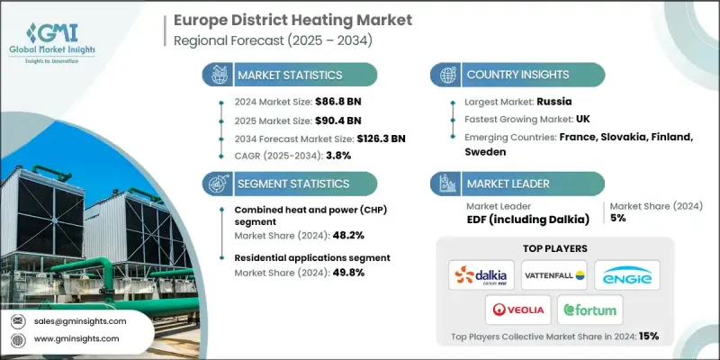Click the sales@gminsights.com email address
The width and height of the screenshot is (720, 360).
[81, 320]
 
